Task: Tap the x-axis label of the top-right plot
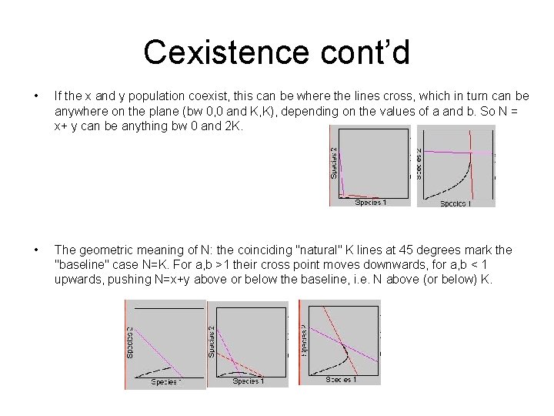pos(456,203)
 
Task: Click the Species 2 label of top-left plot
pos(334,163)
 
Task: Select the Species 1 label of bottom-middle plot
pos(248,381)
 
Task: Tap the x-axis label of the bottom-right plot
pos(341,380)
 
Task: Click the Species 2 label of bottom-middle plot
pos(212,340)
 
